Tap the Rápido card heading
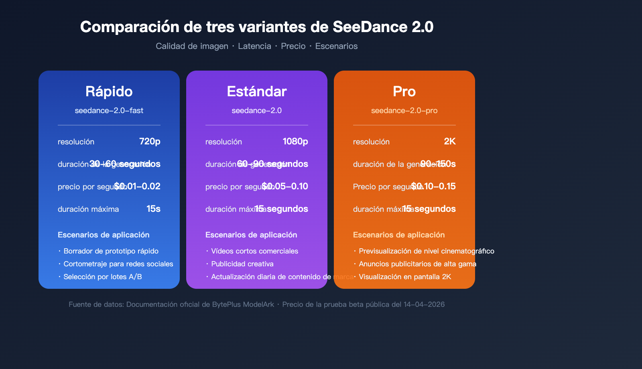109,91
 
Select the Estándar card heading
257,91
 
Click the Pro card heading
404,91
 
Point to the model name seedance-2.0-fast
109,110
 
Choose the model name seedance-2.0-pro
404,110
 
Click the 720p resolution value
150,141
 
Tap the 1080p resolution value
295,141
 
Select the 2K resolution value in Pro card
450,141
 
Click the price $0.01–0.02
138,186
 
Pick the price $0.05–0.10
285,186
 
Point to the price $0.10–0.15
434,186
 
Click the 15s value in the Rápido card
153,209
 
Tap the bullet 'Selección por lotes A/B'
103,277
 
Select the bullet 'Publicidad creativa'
242,264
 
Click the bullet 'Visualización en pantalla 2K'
405,277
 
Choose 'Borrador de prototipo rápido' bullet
111,251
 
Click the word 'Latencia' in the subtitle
254,46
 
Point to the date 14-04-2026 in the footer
424,304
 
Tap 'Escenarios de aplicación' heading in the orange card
399,235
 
